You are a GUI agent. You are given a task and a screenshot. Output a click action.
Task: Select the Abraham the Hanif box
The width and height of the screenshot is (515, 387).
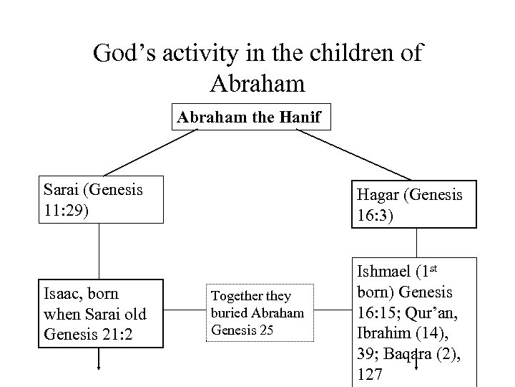(255, 119)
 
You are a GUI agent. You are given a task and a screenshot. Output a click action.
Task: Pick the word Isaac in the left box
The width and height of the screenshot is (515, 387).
(63, 294)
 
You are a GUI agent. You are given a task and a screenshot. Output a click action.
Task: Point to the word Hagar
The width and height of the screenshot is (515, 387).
(377, 195)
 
